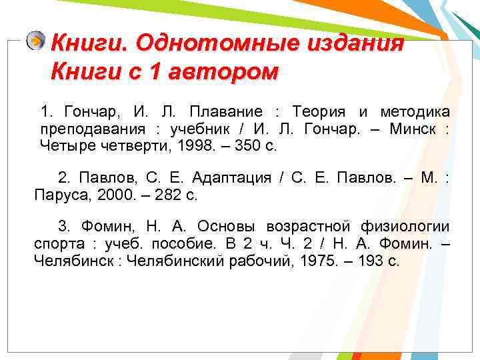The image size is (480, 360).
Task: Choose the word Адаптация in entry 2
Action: [231, 178]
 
